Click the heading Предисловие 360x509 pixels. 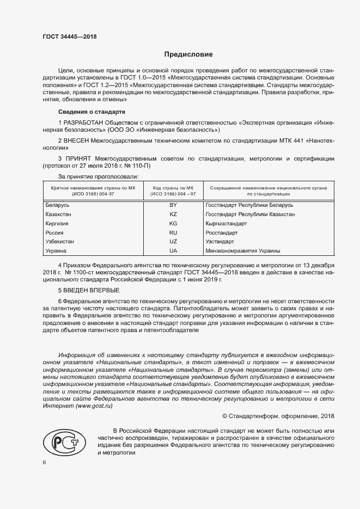point(188,54)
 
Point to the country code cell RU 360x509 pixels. point(174,232)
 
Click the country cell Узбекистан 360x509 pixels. point(60,242)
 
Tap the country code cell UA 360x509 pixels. point(174,251)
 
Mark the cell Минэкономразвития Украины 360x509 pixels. point(243,251)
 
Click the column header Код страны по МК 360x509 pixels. point(174,187)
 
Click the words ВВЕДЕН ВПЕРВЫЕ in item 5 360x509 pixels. point(89,290)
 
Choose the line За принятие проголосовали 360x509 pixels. point(98,176)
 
